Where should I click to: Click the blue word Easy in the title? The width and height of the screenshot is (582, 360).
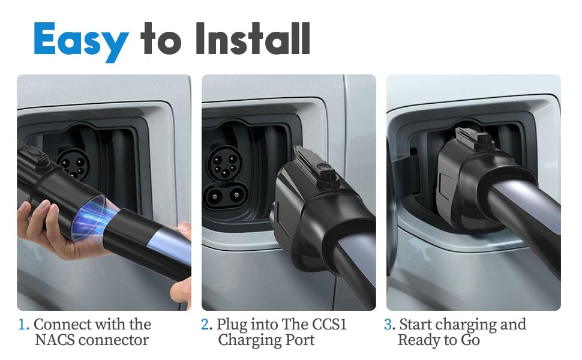coord(81,41)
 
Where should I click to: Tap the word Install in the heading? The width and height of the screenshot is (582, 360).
coord(253,38)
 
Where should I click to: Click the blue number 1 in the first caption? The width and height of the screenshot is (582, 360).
coord(22,325)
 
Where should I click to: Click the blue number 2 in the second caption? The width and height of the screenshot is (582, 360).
coord(206,325)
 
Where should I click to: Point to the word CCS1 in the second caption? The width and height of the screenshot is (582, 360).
coord(329,325)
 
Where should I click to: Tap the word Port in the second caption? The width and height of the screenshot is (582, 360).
coord(300,340)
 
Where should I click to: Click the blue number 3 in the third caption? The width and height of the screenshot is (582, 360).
coord(389,325)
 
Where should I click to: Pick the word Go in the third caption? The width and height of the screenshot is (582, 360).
coord(470,340)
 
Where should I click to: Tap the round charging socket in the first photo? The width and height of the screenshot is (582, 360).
coord(73,163)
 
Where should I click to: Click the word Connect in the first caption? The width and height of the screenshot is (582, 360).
coord(61,325)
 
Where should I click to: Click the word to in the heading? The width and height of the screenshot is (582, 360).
coord(160,39)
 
